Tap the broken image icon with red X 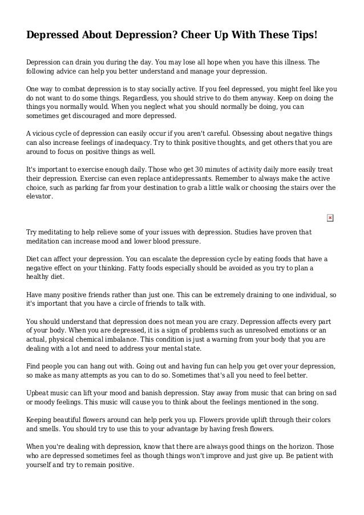pyautogui.click(x=330, y=218)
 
